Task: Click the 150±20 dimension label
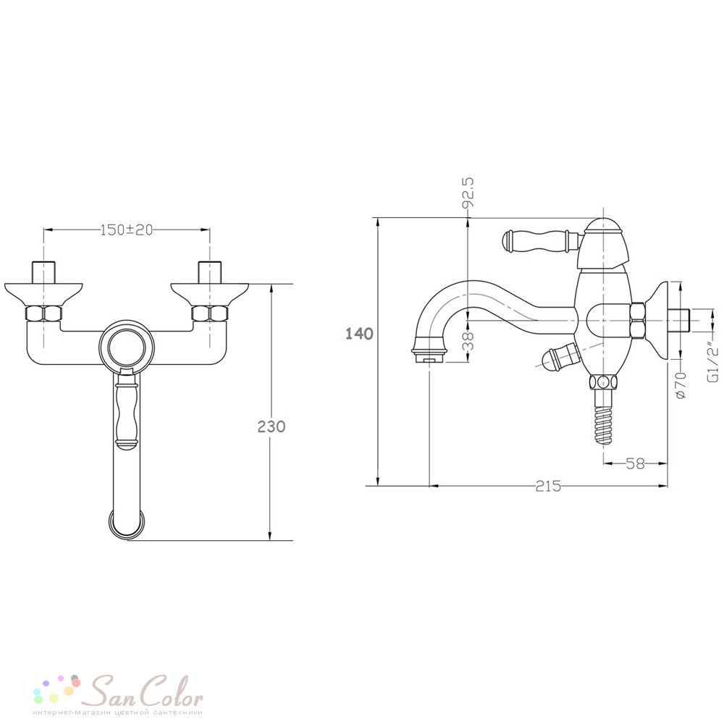coord(127,230)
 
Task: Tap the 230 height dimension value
coord(271,426)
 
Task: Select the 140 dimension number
coord(359,333)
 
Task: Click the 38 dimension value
coord(468,340)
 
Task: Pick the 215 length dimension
coord(548,486)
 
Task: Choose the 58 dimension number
coord(636,463)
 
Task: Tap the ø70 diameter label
coord(681,384)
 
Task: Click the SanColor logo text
coord(145,691)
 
